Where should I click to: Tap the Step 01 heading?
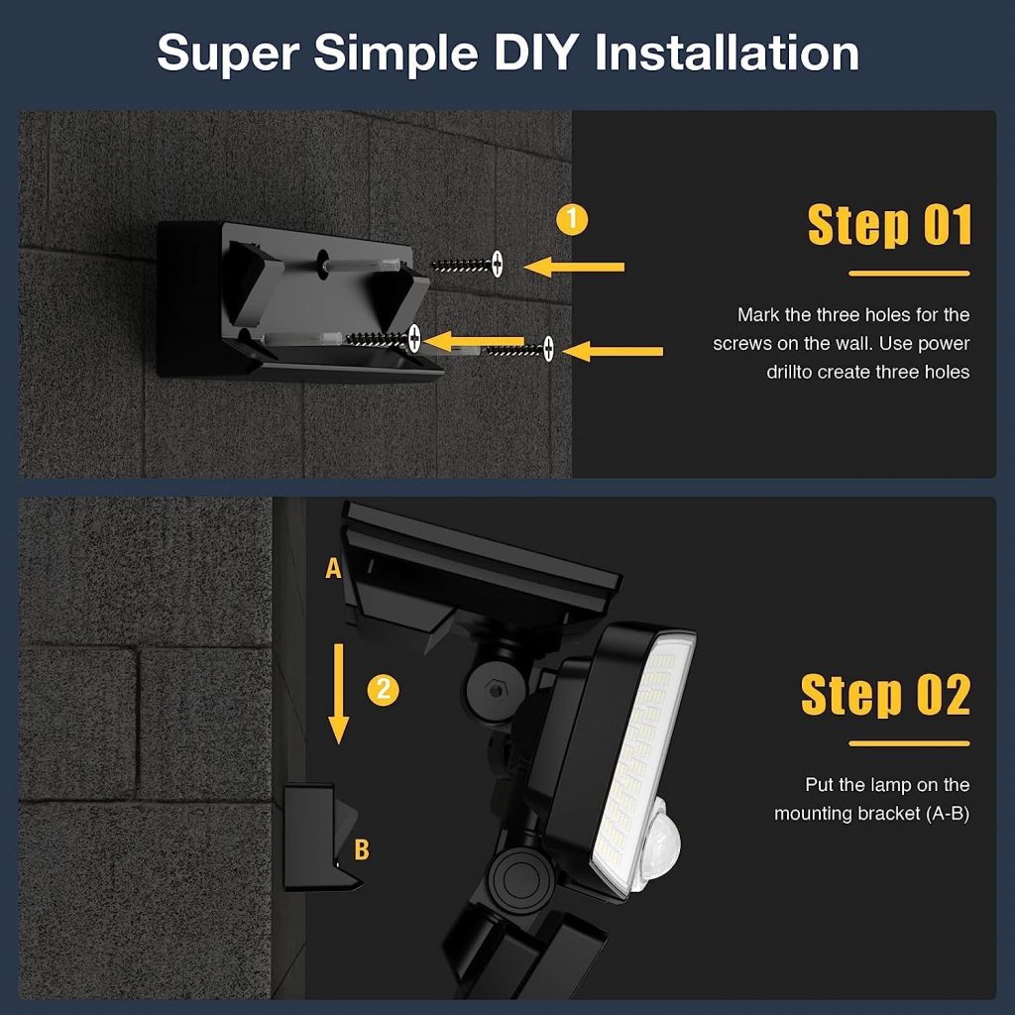pyautogui.click(x=889, y=226)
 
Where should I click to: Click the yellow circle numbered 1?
pyautogui.click(x=571, y=220)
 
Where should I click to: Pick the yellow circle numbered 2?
pyautogui.click(x=383, y=690)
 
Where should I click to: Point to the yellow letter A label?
pyautogui.click(x=333, y=568)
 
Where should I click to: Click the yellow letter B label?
pyautogui.click(x=362, y=849)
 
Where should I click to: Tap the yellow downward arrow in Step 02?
pyautogui.click(x=339, y=693)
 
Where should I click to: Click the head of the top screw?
pyautogui.click(x=498, y=264)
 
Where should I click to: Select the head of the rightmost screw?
pyautogui.click(x=548, y=349)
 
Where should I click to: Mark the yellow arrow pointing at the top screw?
pyautogui.click(x=575, y=266)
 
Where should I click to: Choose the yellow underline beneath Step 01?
pyautogui.click(x=909, y=274)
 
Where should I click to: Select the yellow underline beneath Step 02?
pyautogui.click(x=909, y=742)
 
